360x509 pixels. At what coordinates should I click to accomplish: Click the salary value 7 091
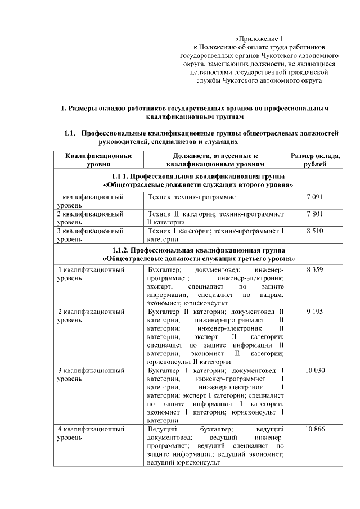tap(314, 198)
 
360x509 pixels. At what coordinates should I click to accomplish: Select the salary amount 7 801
tap(314, 214)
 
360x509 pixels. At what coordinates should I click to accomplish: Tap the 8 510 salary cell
tap(314, 231)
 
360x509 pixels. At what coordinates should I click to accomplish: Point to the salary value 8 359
tap(314, 270)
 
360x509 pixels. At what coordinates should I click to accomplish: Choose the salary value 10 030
tap(314, 371)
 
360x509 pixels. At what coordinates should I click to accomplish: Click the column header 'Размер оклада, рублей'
tap(314, 160)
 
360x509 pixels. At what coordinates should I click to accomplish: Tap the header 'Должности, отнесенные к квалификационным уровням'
tap(214, 160)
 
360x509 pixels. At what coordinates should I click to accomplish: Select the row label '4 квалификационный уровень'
tap(91, 433)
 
